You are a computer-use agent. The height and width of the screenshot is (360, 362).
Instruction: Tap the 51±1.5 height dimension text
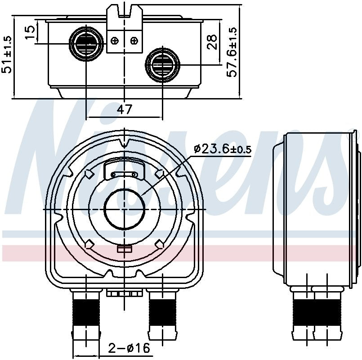tap(8, 54)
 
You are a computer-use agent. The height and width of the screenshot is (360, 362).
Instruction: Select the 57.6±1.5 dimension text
tap(232, 52)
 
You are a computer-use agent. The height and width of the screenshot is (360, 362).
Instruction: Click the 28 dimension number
tap(213, 42)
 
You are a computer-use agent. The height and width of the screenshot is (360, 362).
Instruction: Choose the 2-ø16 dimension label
tap(128, 348)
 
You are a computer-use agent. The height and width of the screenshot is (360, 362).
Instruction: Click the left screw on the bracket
tap(115, 41)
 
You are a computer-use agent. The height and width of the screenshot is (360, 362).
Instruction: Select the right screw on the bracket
tap(134, 41)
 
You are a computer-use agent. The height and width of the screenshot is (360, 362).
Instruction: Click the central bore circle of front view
tap(125, 209)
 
